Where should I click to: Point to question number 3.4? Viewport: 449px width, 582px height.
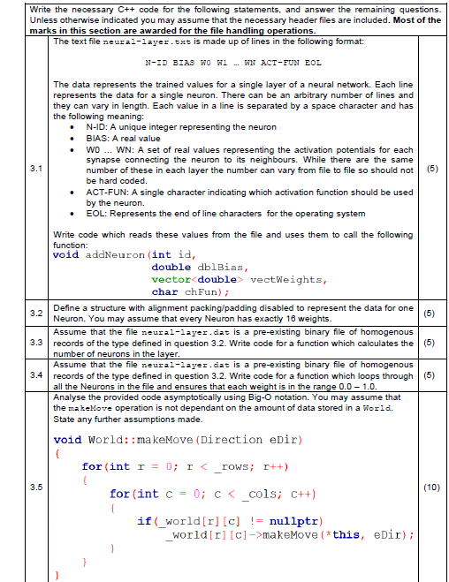coord(34,374)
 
